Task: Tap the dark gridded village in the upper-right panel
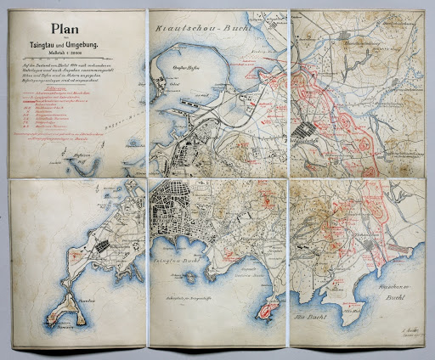306,132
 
